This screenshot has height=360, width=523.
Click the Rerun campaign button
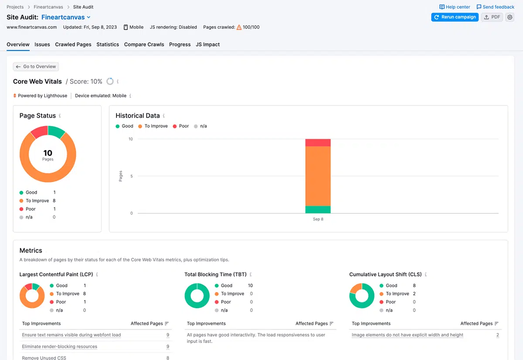point(455,17)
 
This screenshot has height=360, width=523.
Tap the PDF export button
point(492,17)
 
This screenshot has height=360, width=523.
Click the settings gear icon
point(509,17)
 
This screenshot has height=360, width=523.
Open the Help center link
point(455,7)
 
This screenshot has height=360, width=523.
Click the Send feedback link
point(495,7)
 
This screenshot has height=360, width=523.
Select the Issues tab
point(42,44)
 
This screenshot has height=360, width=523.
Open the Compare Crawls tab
point(144,44)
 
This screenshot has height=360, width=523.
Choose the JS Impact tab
point(207,44)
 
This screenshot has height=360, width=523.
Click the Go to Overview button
point(36,67)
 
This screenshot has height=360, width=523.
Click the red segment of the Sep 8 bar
point(318,143)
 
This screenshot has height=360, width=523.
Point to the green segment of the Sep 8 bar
point(318,209)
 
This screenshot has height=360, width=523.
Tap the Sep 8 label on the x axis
point(318,219)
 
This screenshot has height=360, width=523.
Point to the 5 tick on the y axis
point(132,176)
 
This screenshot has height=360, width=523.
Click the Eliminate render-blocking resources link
point(60,346)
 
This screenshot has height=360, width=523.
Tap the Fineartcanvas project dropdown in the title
point(66,17)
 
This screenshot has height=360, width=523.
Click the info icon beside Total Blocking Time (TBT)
point(251,274)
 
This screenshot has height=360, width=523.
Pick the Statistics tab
point(108,44)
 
